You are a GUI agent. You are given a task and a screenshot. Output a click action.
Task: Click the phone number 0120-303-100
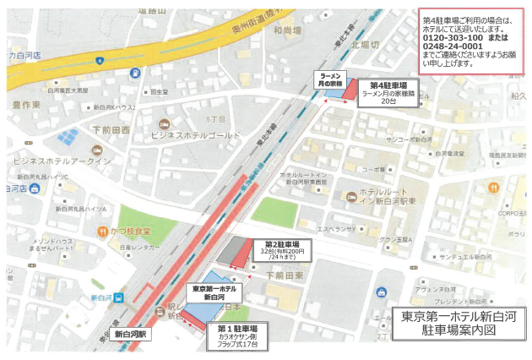point(452,38)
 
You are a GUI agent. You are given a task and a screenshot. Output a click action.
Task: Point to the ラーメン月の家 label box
point(330,79)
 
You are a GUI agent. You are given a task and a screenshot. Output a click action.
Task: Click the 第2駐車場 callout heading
point(283,244)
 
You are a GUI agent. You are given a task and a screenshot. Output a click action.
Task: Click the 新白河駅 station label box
point(131,334)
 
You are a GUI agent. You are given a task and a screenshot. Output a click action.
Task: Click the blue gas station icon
point(136,74)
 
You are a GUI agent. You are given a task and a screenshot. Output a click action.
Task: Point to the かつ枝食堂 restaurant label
point(131,230)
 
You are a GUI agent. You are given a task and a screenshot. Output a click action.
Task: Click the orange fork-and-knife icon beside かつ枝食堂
point(102,230)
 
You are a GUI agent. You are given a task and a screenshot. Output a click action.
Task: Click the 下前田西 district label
point(110,130)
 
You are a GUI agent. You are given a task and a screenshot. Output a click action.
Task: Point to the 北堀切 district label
point(364,44)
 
